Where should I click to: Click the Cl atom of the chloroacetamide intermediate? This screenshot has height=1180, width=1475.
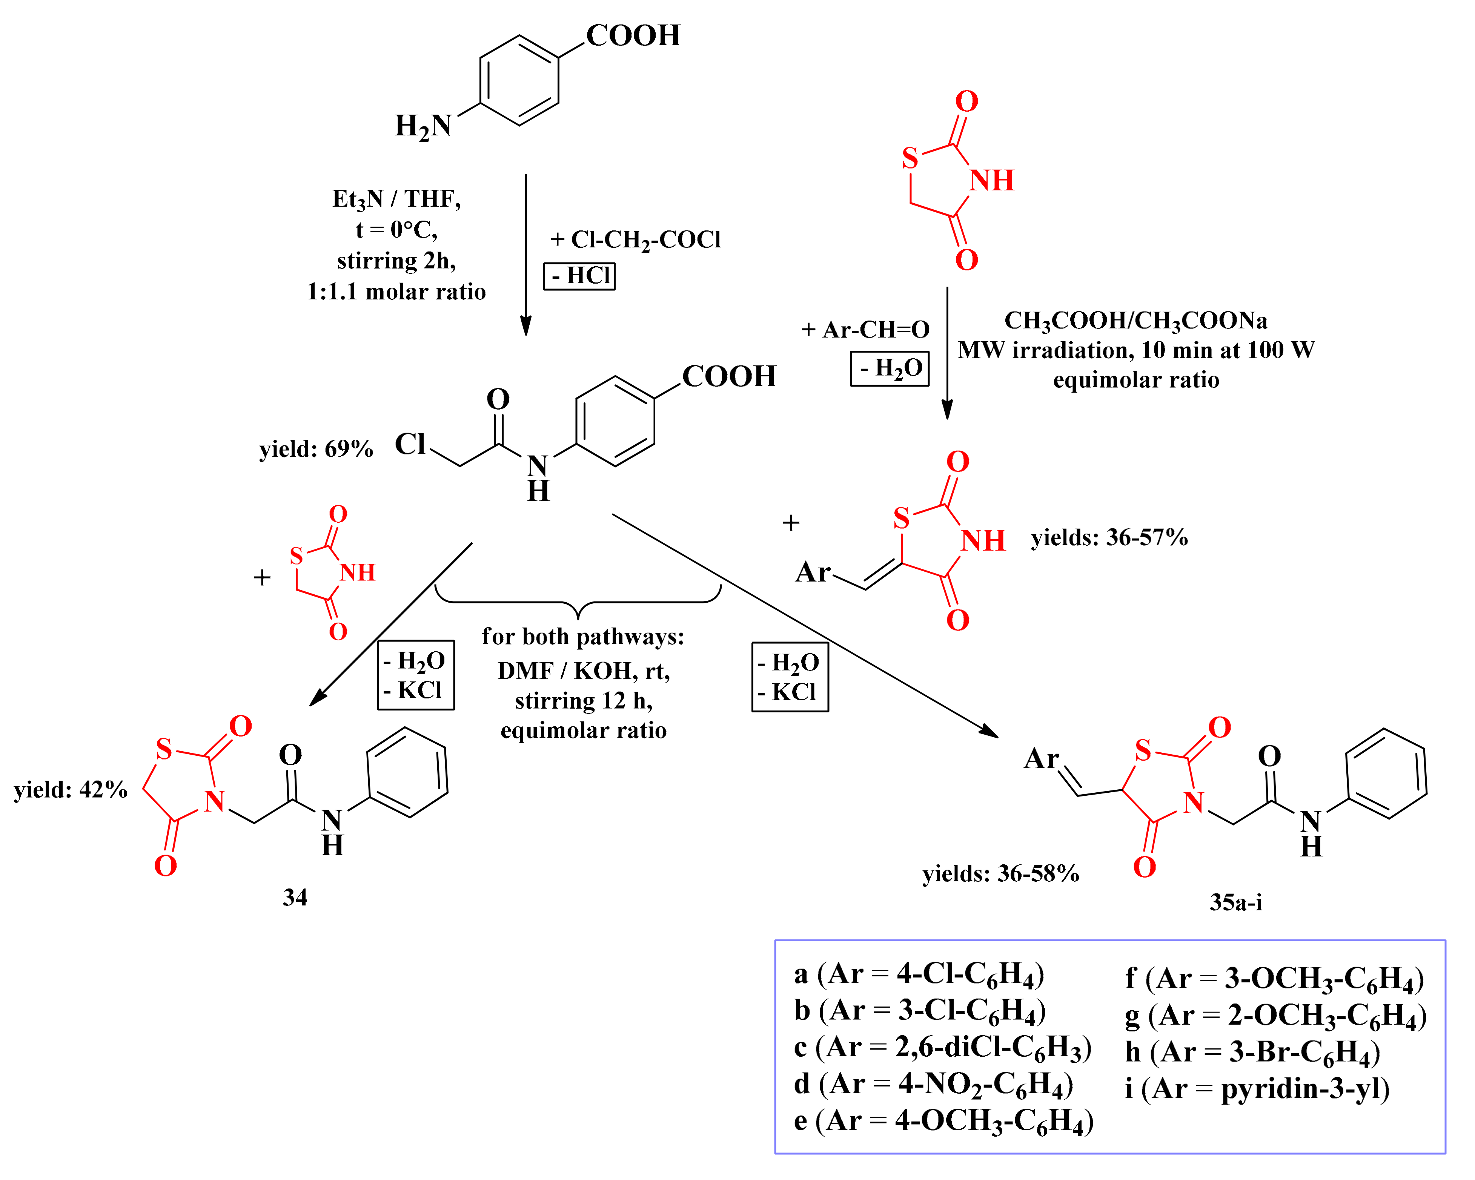tap(410, 445)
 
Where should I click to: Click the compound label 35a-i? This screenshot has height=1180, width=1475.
tap(1235, 902)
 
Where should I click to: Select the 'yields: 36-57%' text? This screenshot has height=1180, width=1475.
tap(1109, 538)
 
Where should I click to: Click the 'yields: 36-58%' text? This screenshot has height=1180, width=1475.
tap(1000, 873)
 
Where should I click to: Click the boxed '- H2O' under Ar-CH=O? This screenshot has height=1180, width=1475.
tap(890, 369)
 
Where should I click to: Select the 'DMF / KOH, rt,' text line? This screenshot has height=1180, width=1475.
tap(584, 671)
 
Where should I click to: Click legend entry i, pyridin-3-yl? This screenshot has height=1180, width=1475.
tap(1257, 1088)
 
